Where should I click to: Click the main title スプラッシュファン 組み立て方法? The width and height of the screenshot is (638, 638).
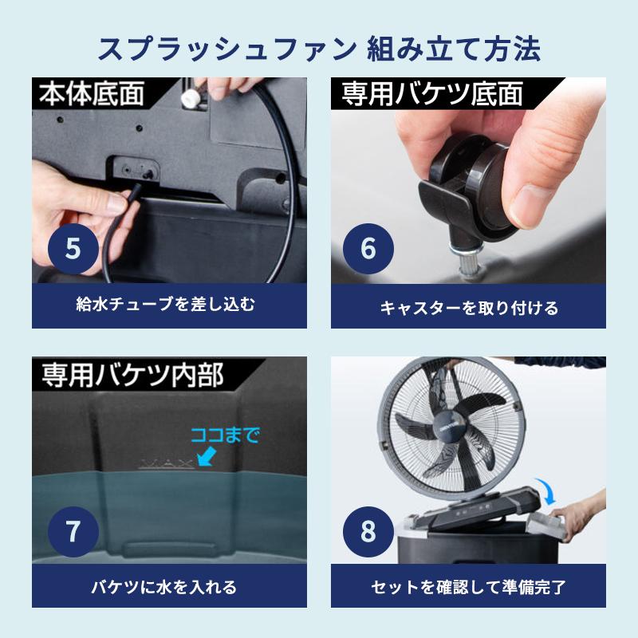click(320, 49)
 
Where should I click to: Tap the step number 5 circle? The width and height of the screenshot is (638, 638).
click(73, 248)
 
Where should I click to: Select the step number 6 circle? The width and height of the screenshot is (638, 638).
click(368, 248)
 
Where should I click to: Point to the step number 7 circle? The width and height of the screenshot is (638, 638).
click(73, 531)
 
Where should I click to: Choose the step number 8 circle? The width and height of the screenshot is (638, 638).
click(368, 531)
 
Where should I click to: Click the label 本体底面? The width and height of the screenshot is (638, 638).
click(92, 93)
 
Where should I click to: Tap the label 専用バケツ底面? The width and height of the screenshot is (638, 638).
click(432, 94)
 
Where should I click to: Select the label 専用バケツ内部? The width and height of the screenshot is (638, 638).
click(132, 375)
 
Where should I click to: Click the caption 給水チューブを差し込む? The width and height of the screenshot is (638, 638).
click(166, 304)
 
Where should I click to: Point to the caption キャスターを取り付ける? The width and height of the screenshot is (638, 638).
click(469, 308)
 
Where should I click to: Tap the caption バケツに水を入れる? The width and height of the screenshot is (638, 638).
click(164, 587)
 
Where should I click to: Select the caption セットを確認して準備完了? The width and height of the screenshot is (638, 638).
click(469, 587)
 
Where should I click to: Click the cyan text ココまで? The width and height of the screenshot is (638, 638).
click(225, 435)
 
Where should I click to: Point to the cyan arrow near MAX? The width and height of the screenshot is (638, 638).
click(207, 456)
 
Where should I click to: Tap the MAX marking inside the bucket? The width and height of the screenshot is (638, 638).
click(167, 464)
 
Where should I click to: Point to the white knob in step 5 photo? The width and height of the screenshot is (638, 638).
click(190, 98)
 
